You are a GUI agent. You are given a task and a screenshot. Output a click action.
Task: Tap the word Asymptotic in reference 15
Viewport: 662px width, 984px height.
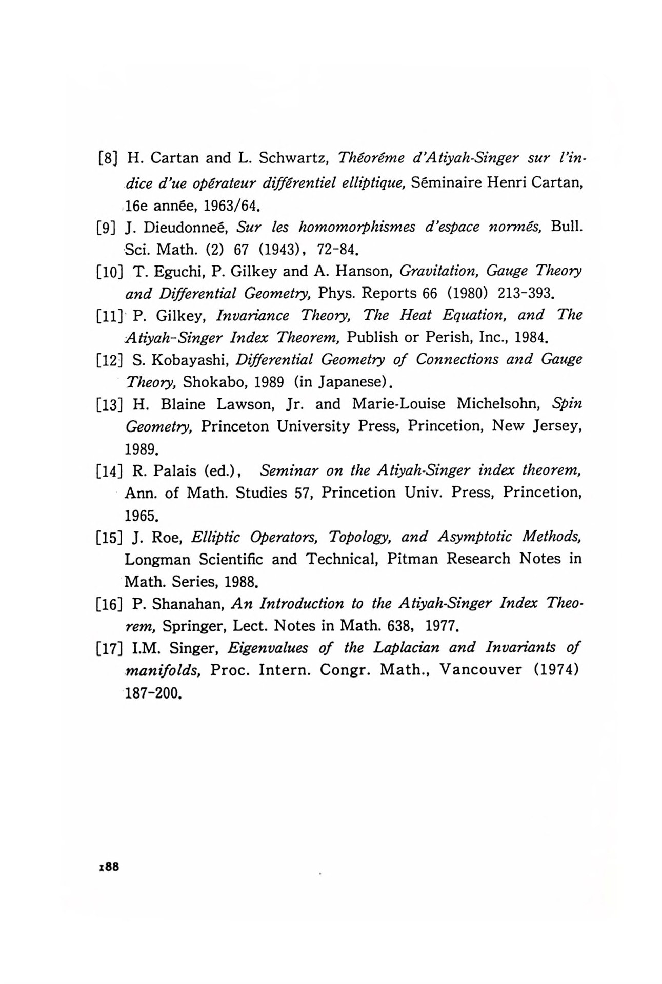(475, 537)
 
